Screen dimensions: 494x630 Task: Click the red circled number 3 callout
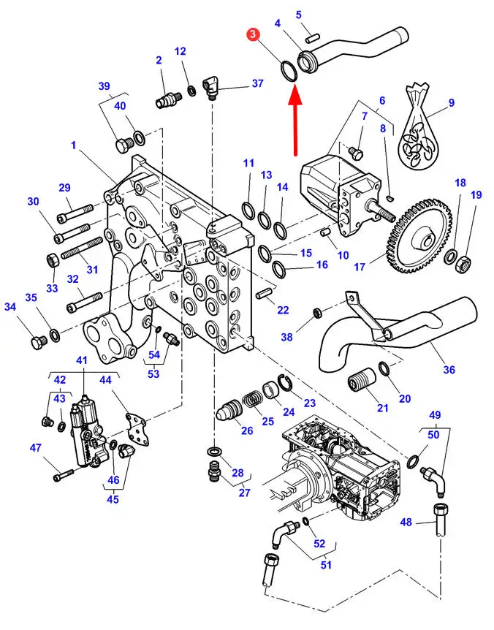[x=253, y=34]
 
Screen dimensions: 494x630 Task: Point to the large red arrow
[x=296, y=122]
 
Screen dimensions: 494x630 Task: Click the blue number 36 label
[x=449, y=369]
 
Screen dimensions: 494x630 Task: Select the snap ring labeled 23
[x=286, y=384]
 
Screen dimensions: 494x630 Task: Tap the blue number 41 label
[x=82, y=360]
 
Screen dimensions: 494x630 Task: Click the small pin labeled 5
[x=311, y=39]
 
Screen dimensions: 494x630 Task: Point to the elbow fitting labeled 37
[x=212, y=87]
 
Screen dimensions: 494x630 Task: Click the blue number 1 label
[x=73, y=145]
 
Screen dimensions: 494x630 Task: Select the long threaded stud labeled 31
[x=82, y=249]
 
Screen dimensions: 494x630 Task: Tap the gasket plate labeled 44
[x=137, y=429]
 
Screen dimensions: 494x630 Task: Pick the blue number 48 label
[x=406, y=523]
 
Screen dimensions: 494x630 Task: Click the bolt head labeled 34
[x=39, y=341]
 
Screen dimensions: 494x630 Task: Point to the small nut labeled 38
[x=316, y=313]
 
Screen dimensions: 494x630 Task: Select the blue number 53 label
[x=153, y=374]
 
